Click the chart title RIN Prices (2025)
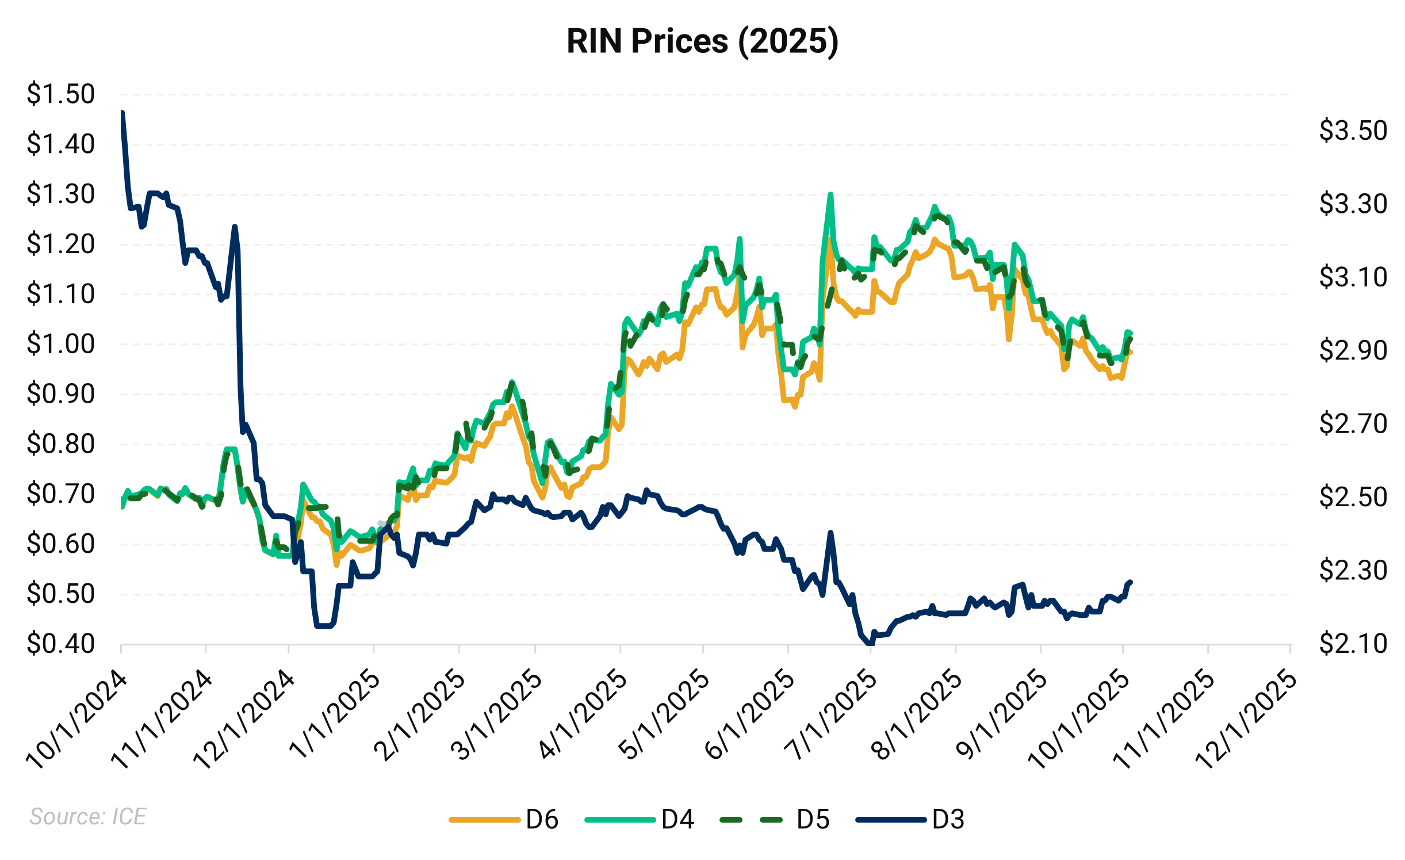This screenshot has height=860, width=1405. point(702,41)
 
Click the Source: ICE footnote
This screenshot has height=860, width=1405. point(88,816)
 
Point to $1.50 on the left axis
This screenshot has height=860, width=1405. point(60,94)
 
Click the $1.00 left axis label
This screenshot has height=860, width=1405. point(60,344)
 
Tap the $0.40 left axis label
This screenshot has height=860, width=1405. point(60,644)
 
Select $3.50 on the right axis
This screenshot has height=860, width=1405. point(1353,131)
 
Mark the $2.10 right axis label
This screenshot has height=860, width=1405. point(1353,644)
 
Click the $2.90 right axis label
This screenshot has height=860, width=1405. point(1353,350)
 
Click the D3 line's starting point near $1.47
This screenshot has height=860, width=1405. point(122,113)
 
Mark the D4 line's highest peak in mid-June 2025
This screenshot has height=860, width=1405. point(830,194)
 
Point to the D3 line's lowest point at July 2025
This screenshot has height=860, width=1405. point(869,644)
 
